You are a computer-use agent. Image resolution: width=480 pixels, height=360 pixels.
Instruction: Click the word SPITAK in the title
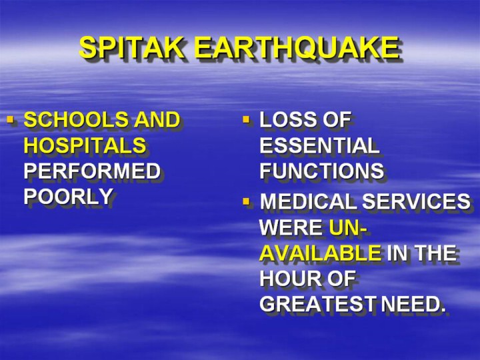pyautogui.click(x=132, y=47)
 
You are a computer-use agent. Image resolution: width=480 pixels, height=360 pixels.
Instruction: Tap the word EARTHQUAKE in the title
pyautogui.click(x=297, y=48)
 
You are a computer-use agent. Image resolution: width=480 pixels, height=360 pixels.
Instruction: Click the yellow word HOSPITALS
pyautogui.click(x=85, y=145)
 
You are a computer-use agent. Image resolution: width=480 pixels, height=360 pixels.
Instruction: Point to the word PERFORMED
pyautogui.click(x=92, y=171)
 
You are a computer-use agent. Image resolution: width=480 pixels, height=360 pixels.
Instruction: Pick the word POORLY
pyautogui.click(x=68, y=196)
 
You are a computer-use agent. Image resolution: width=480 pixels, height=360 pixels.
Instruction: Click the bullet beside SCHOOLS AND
pyautogui.click(x=11, y=119)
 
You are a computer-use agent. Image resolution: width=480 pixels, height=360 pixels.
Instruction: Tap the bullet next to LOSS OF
pyautogui.click(x=247, y=119)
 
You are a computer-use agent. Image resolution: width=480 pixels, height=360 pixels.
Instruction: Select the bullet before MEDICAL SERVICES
pyautogui.click(x=247, y=201)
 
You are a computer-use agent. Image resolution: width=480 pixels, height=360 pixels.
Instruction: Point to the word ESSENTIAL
pyautogui.click(x=319, y=145)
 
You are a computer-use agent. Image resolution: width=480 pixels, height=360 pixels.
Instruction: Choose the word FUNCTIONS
pyautogui.click(x=321, y=171)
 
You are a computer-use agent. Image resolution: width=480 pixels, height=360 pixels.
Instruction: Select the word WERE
pyautogui.click(x=291, y=227)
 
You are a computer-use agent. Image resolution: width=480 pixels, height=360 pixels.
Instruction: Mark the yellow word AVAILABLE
pyautogui.click(x=321, y=253)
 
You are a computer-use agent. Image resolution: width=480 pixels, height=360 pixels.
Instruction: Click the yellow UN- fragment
pyautogui.click(x=348, y=227)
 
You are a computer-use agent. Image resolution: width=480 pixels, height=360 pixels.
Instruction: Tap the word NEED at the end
pyautogui.click(x=410, y=304)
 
